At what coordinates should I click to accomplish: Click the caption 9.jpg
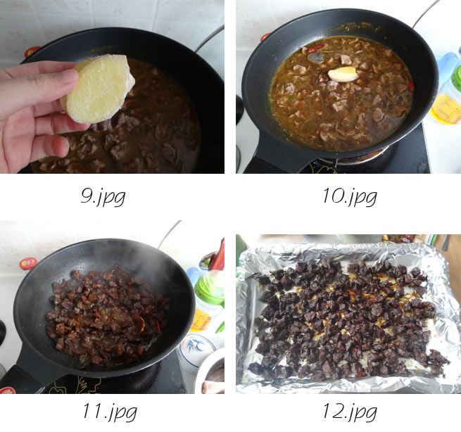[103, 196]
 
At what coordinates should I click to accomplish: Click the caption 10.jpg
[350, 196]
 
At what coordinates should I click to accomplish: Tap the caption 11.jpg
[110, 412]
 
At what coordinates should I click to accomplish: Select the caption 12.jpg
[350, 412]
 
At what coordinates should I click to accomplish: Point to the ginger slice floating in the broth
[343, 74]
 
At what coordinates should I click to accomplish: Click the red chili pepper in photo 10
[317, 48]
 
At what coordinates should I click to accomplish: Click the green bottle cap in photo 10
[456, 79]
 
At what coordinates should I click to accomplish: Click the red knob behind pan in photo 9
[32, 51]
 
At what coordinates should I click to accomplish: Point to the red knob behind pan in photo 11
[28, 263]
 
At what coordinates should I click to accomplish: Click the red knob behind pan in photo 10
[265, 37]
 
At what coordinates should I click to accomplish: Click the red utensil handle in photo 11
[218, 255]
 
